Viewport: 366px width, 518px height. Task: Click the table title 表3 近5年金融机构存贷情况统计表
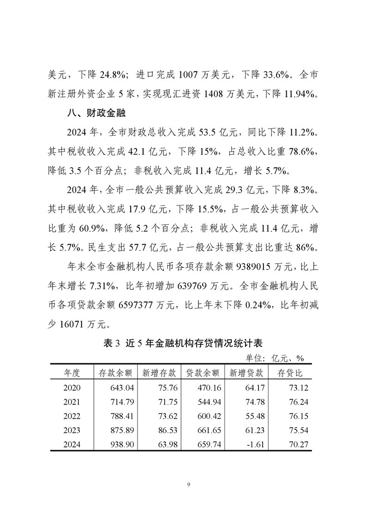click(x=183, y=343)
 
